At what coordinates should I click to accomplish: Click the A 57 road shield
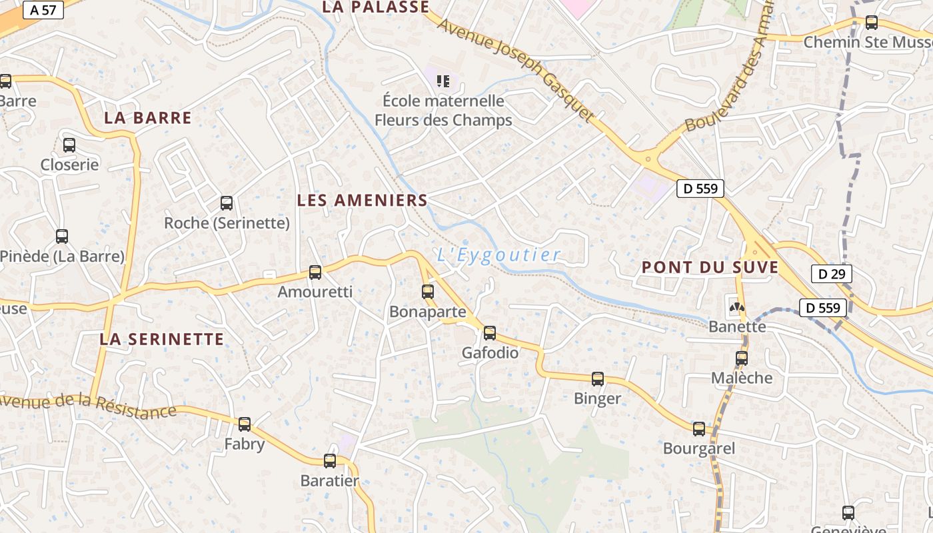43,9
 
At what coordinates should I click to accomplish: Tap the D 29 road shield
831,274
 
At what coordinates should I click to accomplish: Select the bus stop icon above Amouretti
315,272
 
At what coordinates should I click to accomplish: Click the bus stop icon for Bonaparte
428,291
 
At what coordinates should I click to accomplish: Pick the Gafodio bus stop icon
490,332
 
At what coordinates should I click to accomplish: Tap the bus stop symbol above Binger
598,378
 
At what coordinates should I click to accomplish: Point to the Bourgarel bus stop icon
699,429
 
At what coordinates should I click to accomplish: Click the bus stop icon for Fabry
245,424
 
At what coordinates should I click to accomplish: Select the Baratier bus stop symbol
330,460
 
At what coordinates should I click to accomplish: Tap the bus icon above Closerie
69,145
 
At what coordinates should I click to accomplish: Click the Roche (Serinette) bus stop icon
227,203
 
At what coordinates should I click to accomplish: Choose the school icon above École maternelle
443,81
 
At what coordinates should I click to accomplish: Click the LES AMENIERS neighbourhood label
362,200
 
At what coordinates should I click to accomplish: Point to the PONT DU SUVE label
710,268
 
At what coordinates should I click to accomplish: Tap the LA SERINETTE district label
162,339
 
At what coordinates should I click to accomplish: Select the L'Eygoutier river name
498,255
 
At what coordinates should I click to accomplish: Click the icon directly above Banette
736,308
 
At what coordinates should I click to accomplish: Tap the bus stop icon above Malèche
742,358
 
